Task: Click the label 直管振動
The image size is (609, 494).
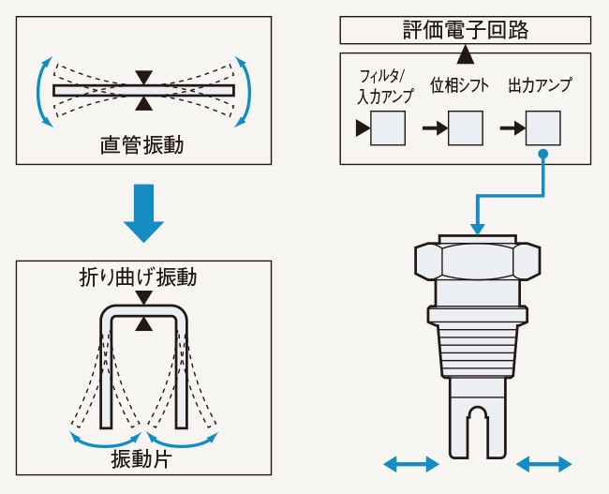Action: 141,145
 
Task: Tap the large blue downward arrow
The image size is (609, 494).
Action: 143,215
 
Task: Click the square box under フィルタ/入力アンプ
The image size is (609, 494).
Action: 388,127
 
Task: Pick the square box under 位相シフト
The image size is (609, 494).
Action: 466,127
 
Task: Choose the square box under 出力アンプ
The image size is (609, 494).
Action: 543,127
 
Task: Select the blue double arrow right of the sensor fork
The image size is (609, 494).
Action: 544,463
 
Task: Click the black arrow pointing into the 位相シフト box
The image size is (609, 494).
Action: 434,128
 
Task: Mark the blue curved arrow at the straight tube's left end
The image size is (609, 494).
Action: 41,90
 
